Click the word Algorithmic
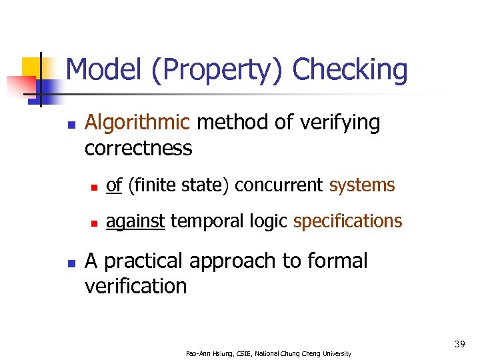[138, 123]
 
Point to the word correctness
[138, 148]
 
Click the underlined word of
[114, 185]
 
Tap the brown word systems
[362, 185]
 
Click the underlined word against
[135, 221]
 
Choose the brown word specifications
[347, 221]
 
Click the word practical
[144, 261]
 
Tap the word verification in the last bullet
[135, 286]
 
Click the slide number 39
[459, 344]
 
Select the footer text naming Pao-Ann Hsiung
[269, 353]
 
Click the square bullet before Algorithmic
[71, 125]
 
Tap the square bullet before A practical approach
[71, 263]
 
